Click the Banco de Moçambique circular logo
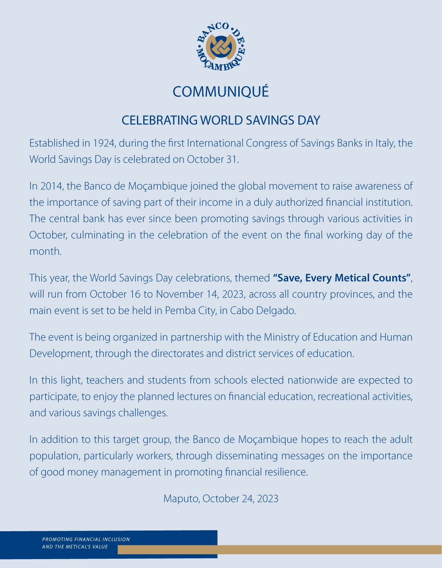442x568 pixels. [221, 47]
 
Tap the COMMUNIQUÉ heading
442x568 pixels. [221, 92]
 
